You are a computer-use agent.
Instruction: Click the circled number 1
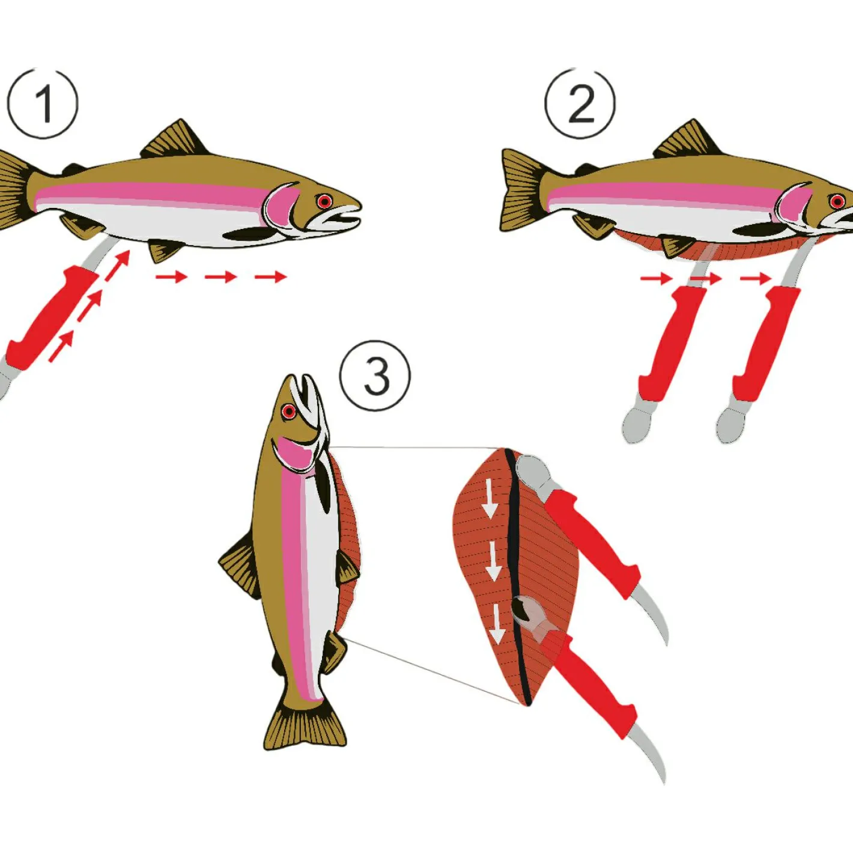(43, 103)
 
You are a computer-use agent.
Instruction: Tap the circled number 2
(580, 103)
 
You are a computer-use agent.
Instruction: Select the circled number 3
(375, 376)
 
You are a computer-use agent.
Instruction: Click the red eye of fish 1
(325, 202)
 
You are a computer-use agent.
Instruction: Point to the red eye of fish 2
(837, 202)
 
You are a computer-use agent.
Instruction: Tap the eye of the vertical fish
(289, 412)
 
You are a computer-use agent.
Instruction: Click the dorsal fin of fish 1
(175, 139)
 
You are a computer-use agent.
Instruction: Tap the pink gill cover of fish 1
(283, 205)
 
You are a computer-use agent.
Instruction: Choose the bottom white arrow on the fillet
(498, 625)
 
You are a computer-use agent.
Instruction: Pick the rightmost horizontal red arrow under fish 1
(271, 278)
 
